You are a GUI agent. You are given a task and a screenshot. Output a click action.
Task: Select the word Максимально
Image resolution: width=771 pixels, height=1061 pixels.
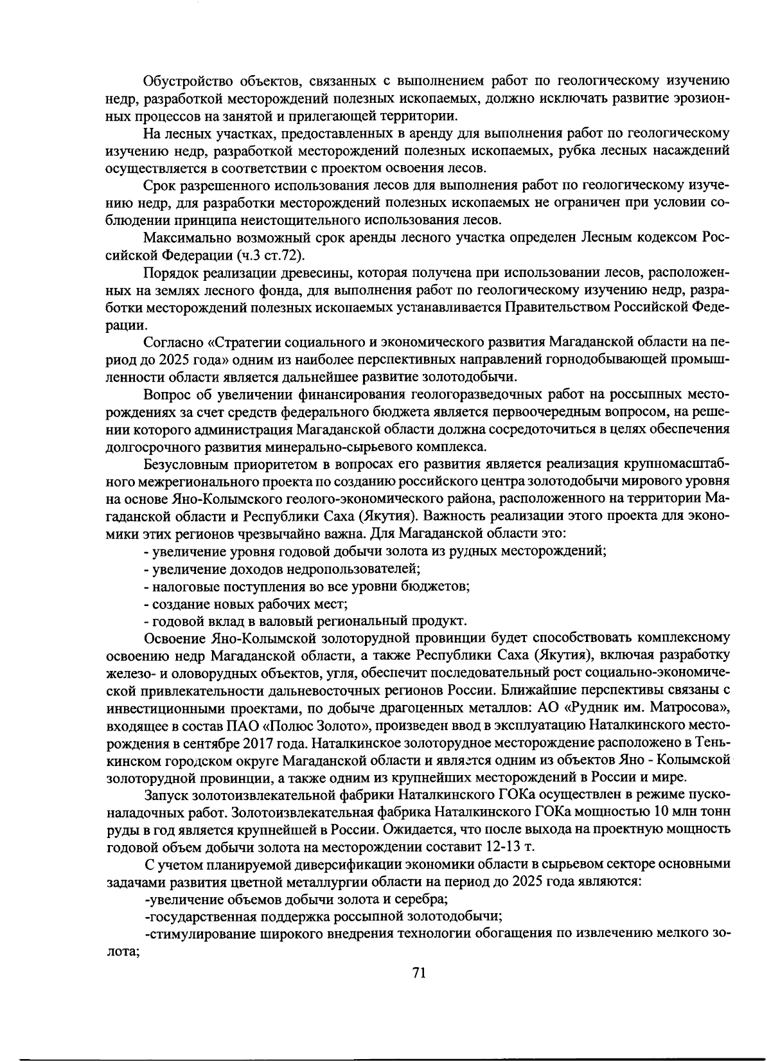point(186,237)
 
